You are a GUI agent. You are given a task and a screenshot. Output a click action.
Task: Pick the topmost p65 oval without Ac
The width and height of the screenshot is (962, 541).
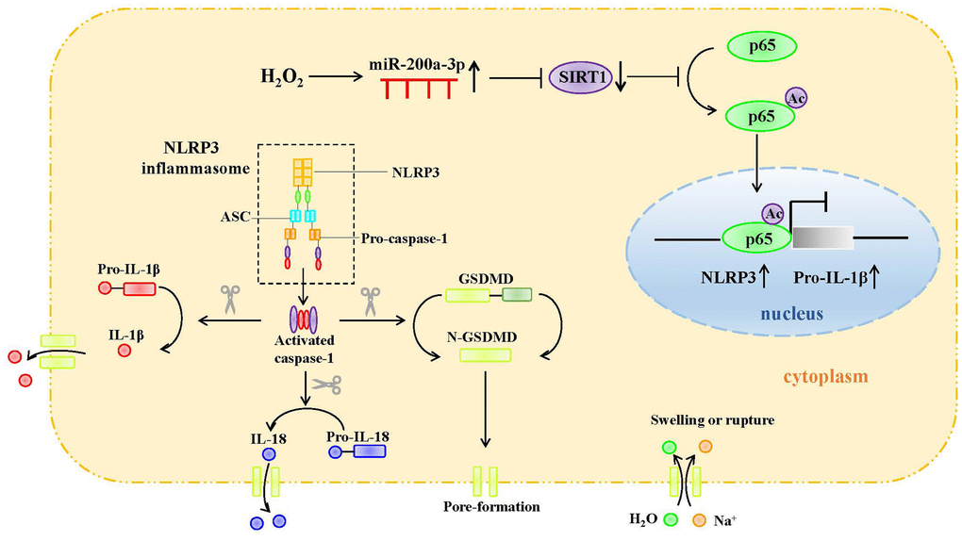pyautogui.click(x=761, y=44)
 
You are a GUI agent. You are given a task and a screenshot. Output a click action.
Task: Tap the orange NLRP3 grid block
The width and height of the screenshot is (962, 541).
pyautogui.click(x=303, y=172)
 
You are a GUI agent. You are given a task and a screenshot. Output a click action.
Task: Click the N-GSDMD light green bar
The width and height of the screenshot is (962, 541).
pyautogui.click(x=485, y=354)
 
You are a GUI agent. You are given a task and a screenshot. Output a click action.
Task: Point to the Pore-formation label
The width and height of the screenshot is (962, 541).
pyautogui.click(x=490, y=506)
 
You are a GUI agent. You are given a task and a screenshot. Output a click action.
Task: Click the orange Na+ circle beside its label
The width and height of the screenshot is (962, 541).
pyautogui.click(x=699, y=518)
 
